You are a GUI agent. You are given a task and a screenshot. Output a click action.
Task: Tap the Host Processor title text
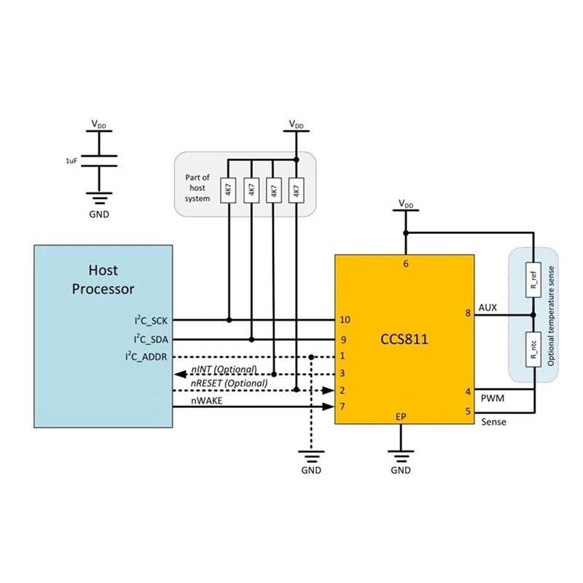point(103,279)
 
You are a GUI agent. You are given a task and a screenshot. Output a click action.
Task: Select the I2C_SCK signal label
point(150,320)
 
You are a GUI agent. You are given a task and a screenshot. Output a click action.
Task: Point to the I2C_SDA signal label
point(150,339)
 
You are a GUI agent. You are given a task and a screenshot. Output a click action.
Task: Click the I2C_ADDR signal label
point(148,356)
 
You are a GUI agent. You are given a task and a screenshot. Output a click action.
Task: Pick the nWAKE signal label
point(208,401)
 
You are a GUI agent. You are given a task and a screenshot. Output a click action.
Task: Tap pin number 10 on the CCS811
point(345,320)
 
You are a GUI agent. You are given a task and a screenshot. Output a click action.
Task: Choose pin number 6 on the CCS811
point(406,264)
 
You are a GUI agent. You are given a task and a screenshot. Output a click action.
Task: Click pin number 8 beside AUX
point(467,314)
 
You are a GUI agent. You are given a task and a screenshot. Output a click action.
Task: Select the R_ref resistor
point(533,281)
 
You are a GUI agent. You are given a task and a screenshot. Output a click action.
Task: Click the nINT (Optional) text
point(223,370)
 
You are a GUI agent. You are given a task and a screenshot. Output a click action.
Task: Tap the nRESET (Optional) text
point(228,383)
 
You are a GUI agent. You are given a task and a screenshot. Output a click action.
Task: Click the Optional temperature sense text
point(551,314)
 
